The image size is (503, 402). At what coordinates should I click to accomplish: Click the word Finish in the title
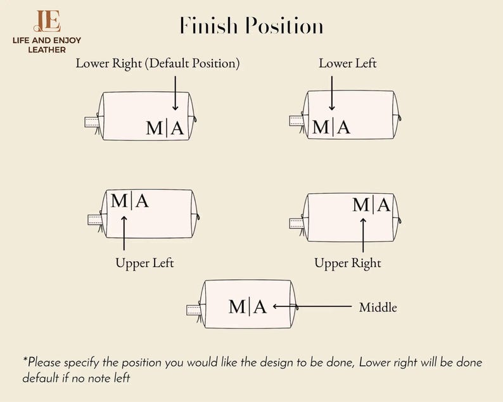208,27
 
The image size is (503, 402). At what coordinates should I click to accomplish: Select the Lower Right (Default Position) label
158,63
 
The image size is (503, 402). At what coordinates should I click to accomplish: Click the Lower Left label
347,63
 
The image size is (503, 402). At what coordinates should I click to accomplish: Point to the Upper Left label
144,263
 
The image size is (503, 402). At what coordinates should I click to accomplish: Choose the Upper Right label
348,263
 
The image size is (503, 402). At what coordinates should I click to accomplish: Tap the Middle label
378,308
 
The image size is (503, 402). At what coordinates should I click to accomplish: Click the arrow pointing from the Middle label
312,307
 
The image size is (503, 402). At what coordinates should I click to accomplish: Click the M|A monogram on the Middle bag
248,307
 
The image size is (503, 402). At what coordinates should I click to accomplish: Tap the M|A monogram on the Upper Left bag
129,201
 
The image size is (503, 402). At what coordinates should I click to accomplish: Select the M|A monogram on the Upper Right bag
372,204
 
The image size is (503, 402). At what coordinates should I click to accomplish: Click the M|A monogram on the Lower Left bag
331,127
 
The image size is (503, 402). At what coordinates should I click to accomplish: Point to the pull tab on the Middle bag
193,310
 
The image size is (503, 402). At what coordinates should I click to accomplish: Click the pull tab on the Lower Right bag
92,121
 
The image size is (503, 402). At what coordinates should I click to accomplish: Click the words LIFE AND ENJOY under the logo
47,41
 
